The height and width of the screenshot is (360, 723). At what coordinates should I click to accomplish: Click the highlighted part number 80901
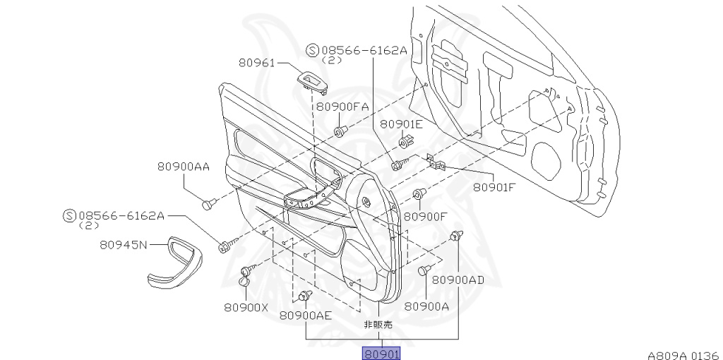pos(381,354)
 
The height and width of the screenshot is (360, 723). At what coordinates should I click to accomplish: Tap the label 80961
pos(256,62)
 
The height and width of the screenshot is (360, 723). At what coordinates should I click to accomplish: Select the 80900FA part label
pos(342,107)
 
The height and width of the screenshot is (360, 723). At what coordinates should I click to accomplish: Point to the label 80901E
pos(401,124)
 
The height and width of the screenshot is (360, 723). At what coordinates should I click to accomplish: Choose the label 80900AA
pos(184,167)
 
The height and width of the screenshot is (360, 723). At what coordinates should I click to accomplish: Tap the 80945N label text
pos(124,245)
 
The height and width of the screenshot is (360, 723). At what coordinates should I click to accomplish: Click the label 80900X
pos(246,308)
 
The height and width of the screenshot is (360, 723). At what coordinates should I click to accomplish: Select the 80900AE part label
pos(306,316)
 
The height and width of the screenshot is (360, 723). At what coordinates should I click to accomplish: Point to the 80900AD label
pos(458,280)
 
